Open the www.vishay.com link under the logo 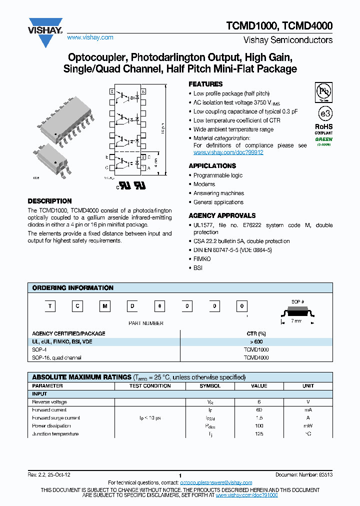click(x=90, y=37)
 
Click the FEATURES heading click(x=205, y=84)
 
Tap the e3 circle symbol click(x=324, y=111)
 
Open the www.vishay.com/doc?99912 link click(x=228, y=152)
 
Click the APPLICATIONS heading click(x=212, y=166)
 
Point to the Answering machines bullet click(x=218, y=193)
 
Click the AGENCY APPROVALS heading click(x=222, y=215)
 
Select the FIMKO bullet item click(x=202, y=259)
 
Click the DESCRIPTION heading click(x=49, y=201)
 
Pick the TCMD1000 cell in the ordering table click(x=256, y=349)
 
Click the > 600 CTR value click(x=256, y=341)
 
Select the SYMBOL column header click(x=210, y=386)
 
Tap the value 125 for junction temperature click(x=259, y=434)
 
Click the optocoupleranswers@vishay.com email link click(x=216, y=482)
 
